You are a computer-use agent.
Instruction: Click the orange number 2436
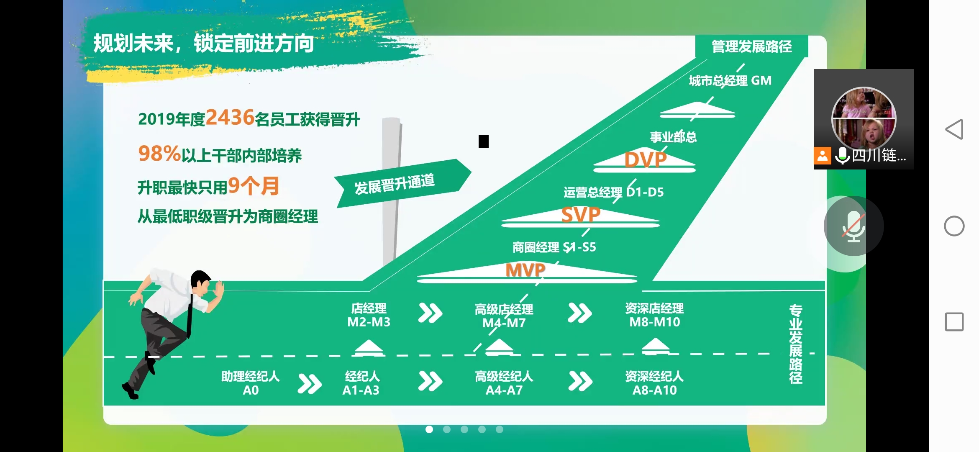coord(230,117)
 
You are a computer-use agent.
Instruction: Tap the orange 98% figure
coord(159,154)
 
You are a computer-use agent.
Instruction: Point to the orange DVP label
coord(645,160)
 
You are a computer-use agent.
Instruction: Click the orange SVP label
coord(581,215)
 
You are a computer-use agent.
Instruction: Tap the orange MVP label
coord(525,270)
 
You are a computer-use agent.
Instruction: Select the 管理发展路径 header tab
coord(751,46)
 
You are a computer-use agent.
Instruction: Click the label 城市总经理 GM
coord(730,80)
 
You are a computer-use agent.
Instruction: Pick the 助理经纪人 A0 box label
coord(251,383)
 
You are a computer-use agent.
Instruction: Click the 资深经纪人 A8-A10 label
coord(654,383)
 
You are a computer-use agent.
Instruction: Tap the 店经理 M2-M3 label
coord(369,315)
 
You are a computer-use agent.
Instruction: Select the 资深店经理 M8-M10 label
coord(654,315)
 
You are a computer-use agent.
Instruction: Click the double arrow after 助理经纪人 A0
coord(310,383)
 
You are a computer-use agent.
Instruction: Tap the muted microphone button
coord(853,226)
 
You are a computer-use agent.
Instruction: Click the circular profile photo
coord(864,119)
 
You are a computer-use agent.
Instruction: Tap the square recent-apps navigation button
coord(954,322)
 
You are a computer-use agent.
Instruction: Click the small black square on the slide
coord(484,141)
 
